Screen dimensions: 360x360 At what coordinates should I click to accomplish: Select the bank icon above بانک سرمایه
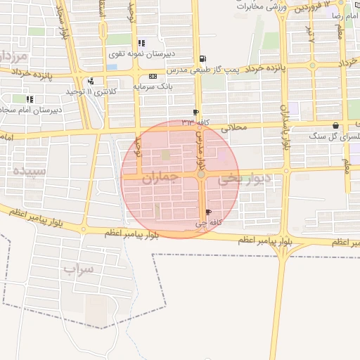point(153,77)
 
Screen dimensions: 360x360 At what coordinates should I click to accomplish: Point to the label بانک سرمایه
point(153,86)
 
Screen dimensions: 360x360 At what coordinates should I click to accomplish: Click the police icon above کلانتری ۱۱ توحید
point(91,81)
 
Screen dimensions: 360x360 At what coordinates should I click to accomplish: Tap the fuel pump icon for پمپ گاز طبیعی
point(203,59)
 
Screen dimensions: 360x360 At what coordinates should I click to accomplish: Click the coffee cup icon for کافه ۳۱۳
point(195,112)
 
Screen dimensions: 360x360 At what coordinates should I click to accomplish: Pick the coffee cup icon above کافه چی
point(207,212)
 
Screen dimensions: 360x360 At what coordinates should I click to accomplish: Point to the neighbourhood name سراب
point(78,269)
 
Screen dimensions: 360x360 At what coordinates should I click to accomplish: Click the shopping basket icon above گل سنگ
point(335,125)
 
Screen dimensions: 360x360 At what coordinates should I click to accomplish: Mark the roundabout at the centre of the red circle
point(201,174)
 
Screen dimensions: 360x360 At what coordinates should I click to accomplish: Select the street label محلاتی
point(235,128)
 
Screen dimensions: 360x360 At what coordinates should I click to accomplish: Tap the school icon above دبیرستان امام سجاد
point(30,99)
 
